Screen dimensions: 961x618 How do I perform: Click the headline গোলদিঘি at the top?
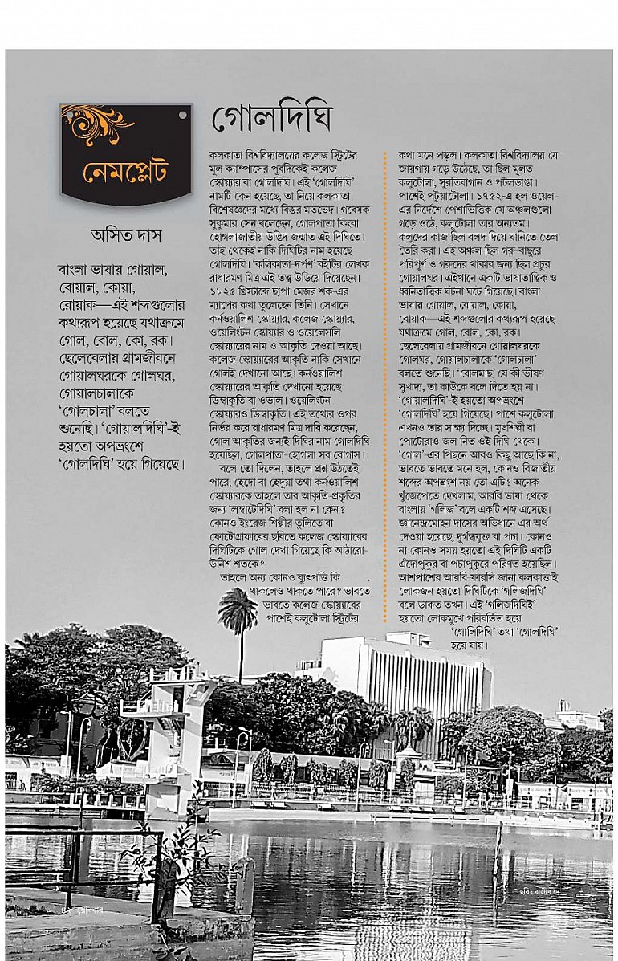point(271,120)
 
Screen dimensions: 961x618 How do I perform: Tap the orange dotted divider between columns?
point(385,385)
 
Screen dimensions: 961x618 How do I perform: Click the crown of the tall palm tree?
point(238,609)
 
